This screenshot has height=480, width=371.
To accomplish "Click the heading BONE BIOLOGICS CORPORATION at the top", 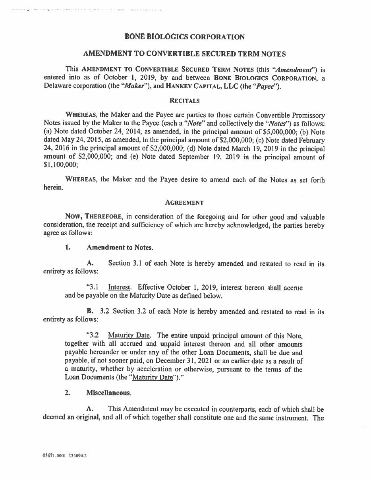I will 185,37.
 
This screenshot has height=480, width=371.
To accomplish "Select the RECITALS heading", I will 184,101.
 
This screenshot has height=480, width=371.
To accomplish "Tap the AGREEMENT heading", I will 184,203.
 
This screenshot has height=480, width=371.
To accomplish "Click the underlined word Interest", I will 120,287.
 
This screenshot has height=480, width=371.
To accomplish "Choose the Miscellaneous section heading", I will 108,393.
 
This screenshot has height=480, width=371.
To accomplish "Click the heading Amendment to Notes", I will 120,248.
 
